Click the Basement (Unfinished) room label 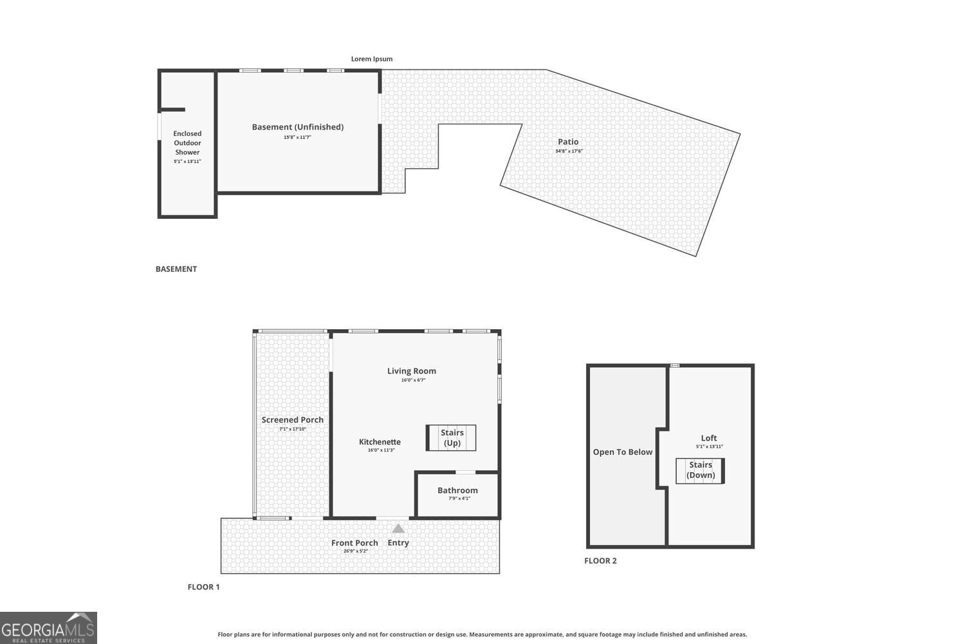tap(297, 127)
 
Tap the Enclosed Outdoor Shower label tap(187, 143)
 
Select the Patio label tap(568, 142)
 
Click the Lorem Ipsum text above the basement tap(371, 59)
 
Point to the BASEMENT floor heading tap(176, 269)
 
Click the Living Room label tap(411, 371)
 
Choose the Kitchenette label tap(380, 442)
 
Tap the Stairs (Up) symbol tap(452, 438)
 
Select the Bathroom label tap(457, 491)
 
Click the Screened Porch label tap(292, 420)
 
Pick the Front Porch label tap(354, 543)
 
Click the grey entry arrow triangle tap(398, 529)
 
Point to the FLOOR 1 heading tap(203, 587)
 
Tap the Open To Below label tap(622, 452)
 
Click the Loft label tap(709, 438)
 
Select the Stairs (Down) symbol tap(700, 470)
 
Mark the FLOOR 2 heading tap(600, 561)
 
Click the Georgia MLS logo tap(48, 628)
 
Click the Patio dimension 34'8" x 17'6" tap(569, 151)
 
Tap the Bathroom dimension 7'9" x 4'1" tap(459, 498)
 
